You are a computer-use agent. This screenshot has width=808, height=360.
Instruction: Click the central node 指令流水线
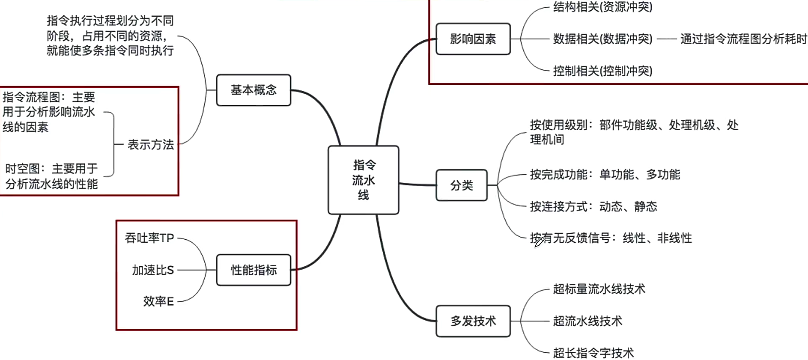coord(363,180)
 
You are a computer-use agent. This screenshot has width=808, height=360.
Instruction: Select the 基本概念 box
coord(253,90)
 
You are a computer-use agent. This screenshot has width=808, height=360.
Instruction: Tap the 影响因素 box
coord(473,39)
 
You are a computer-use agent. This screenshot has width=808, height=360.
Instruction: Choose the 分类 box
coord(461,185)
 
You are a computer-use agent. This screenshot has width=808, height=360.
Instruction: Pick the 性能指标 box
coord(253,270)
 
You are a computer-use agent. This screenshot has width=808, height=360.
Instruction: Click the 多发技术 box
coord(473,321)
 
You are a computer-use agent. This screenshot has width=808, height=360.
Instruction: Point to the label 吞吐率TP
coord(149,238)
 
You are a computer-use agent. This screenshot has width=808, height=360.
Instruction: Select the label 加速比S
coord(153,270)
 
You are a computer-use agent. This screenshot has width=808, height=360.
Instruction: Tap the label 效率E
coord(158,301)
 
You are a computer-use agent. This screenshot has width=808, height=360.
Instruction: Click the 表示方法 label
coord(151,145)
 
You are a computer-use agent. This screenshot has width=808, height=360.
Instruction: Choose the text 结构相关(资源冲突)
coord(602,7)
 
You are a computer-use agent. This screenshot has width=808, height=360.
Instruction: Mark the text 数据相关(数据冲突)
coord(602,39)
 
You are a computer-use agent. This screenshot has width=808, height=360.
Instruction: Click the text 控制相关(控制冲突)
coord(602,71)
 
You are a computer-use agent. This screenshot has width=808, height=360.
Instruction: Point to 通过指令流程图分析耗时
coord(743,39)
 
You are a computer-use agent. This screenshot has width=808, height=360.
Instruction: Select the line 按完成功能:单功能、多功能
coord(605,175)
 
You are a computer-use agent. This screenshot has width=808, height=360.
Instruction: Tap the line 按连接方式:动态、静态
coord(593,207)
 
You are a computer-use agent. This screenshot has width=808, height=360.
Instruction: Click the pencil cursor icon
coord(539,242)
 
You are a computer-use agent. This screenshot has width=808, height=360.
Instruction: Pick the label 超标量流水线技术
coord(599,289)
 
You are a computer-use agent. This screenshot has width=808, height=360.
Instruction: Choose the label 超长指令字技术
coord(593,353)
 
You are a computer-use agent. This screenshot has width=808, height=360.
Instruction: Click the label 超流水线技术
coord(587,321)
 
